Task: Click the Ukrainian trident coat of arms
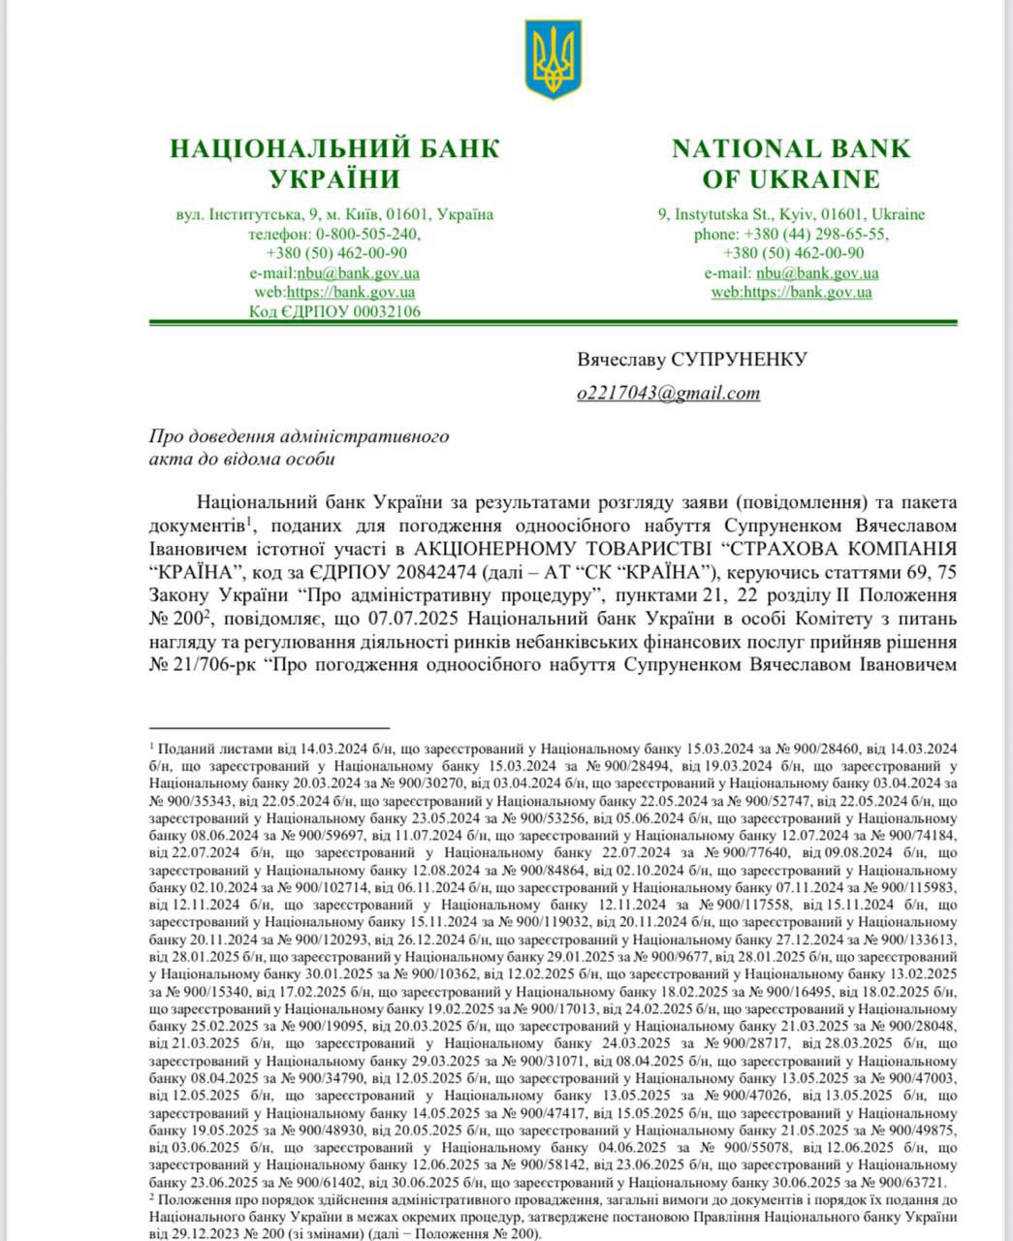click(x=553, y=60)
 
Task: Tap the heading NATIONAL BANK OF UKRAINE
click(x=791, y=163)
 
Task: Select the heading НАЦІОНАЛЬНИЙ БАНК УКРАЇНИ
click(x=334, y=163)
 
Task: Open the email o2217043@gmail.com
click(x=668, y=393)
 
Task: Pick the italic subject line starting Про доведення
click(x=300, y=447)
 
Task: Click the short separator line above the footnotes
click(x=269, y=726)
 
